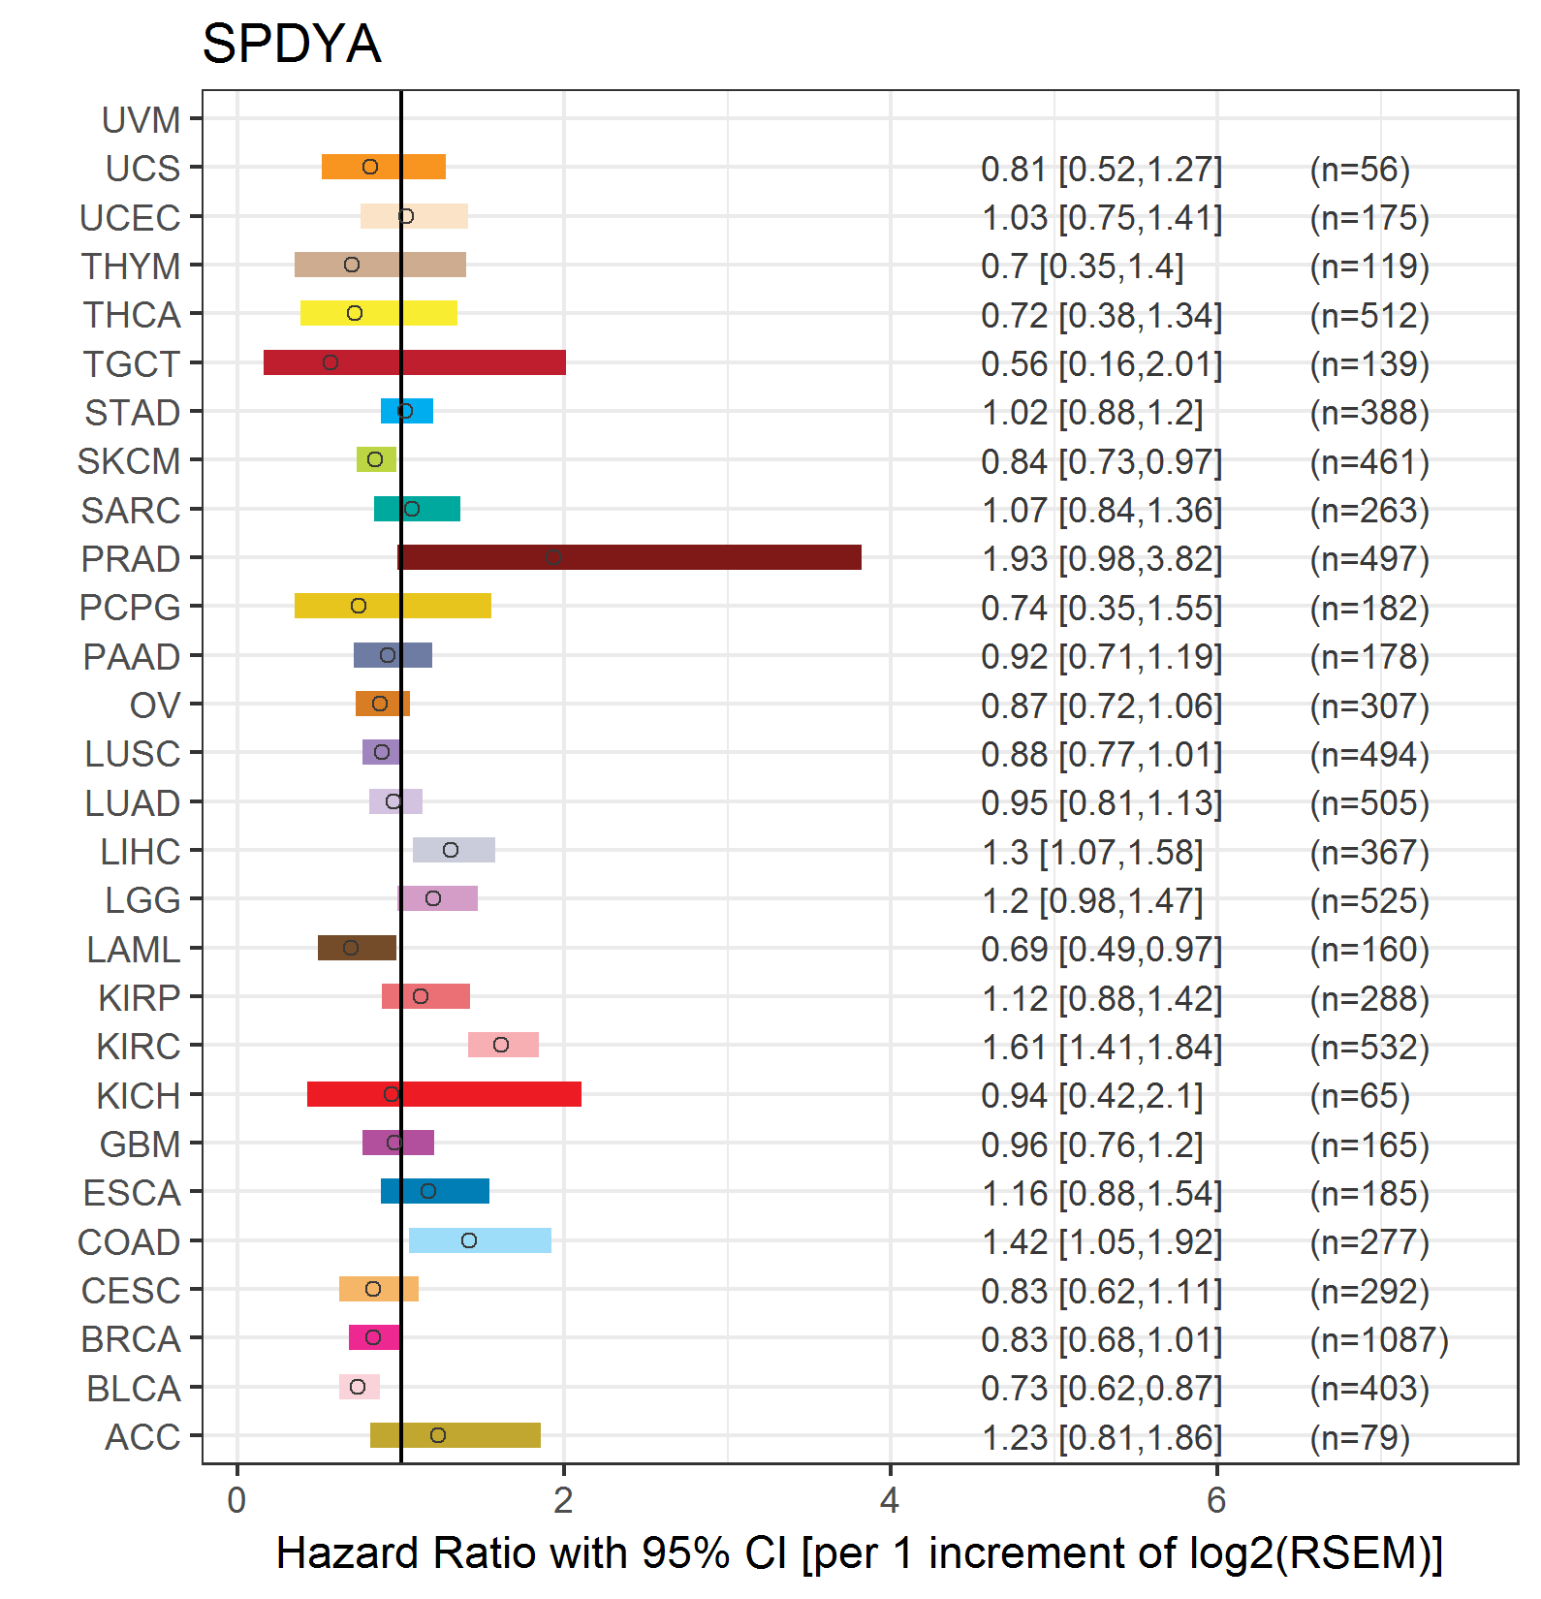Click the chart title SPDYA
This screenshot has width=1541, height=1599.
click(x=291, y=44)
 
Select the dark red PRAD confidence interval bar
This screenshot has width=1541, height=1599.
click(x=629, y=557)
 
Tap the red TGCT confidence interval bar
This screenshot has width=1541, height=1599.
click(x=415, y=362)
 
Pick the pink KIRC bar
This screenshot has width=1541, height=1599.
click(x=503, y=1045)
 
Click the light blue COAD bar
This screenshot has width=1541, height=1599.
click(x=480, y=1240)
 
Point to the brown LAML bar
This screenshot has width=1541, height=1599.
click(x=357, y=948)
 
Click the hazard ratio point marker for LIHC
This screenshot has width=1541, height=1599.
click(x=451, y=850)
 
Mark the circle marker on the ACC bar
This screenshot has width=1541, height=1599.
click(x=438, y=1435)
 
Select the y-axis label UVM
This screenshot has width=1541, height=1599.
click(x=142, y=120)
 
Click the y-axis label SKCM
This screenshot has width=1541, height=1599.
click(x=129, y=461)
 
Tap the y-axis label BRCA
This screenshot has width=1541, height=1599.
click(x=131, y=1339)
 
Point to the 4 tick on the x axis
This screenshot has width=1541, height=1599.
click(x=890, y=1501)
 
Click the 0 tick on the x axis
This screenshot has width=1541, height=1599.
click(x=236, y=1501)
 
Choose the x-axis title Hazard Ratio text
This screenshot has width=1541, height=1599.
click(x=859, y=1553)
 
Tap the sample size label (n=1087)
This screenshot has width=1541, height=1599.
click(x=1378, y=1340)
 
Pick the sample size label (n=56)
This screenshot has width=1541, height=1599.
click(x=1359, y=170)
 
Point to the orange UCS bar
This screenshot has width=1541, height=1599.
click(x=384, y=167)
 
